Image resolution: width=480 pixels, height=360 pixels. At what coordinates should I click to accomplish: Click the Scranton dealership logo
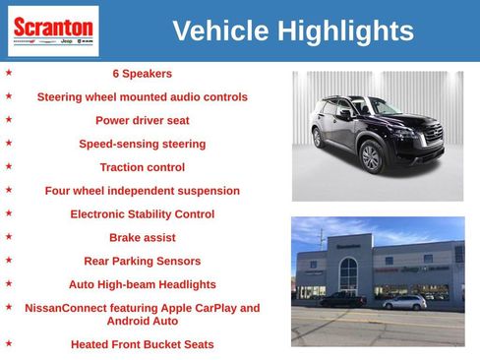click(x=53, y=30)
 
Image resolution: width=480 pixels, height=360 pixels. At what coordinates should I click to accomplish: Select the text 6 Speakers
click(x=142, y=74)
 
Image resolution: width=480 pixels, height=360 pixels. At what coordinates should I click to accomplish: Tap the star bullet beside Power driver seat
click(x=9, y=119)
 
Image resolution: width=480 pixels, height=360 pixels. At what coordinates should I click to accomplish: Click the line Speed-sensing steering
click(x=142, y=144)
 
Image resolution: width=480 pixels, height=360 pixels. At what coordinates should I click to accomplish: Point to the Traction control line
click(x=142, y=167)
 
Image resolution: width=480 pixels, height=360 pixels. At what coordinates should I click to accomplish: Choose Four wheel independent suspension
click(x=142, y=191)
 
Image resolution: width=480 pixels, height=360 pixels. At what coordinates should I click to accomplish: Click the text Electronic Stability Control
click(x=142, y=214)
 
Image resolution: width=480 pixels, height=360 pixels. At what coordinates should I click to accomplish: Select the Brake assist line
click(x=142, y=238)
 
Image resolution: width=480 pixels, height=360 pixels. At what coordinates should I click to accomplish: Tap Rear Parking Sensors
click(x=142, y=262)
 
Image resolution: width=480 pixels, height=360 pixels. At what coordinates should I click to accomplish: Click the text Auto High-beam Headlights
click(x=142, y=285)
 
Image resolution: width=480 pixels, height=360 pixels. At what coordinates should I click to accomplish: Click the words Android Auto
click(x=142, y=322)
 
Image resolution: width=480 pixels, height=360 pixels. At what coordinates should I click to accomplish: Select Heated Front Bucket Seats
click(x=142, y=345)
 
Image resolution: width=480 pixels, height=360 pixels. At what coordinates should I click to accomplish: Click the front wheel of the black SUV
click(x=371, y=156)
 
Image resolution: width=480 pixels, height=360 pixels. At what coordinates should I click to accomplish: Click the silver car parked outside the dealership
click(x=404, y=302)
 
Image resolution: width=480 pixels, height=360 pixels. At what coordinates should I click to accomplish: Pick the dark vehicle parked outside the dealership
click(x=343, y=299)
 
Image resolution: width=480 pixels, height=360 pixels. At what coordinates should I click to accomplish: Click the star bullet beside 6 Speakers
click(x=9, y=72)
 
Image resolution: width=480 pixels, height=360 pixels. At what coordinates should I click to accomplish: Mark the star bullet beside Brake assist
click(x=9, y=237)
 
